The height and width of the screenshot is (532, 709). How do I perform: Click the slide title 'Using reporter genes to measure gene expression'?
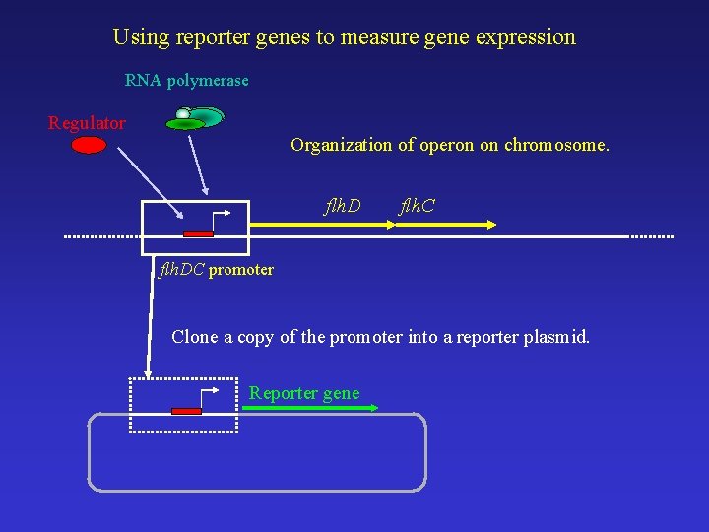[344, 37]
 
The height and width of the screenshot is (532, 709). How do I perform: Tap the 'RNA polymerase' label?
[186, 80]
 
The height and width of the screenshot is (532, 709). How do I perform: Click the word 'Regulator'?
[87, 123]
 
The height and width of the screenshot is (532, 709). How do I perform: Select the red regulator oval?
[89, 145]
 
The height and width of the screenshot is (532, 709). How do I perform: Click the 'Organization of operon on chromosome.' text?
[450, 145]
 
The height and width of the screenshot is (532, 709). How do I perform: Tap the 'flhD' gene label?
[343, 206]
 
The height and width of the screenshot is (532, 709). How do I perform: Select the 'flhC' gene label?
[417, 206]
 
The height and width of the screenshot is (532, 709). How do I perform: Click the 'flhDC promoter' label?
[217, 269]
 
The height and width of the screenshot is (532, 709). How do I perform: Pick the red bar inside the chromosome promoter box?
[198, 233]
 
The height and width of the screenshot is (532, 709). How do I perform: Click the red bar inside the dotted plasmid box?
[186, 411]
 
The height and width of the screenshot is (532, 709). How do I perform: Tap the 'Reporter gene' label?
[304, 393]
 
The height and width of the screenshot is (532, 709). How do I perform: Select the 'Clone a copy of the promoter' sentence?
[381, 337]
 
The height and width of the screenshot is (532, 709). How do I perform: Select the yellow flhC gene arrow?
[443, 226]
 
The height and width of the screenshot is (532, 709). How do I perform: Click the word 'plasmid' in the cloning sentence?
[557, 337]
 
